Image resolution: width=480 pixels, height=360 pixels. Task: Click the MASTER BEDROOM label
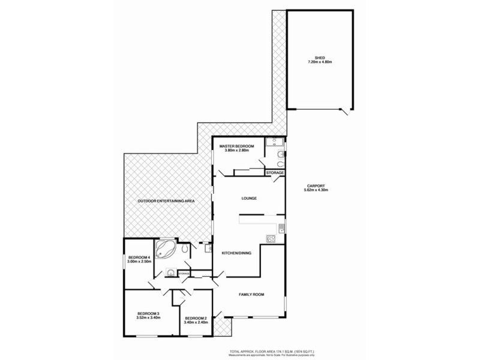[236, 146]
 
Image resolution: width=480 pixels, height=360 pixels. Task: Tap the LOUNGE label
[249, 199]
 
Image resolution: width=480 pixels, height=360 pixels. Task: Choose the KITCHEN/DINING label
[237, 253]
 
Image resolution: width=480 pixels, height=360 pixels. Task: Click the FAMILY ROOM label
[251, 294]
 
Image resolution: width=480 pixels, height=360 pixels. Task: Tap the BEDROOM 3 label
[148, 313]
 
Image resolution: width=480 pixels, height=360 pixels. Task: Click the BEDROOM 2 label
[196, 317]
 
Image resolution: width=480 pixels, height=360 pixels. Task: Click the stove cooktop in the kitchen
[270, 239]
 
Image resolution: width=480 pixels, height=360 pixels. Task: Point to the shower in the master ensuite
[278, 142]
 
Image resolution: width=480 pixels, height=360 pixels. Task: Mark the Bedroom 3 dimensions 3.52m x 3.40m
[148, 318]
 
